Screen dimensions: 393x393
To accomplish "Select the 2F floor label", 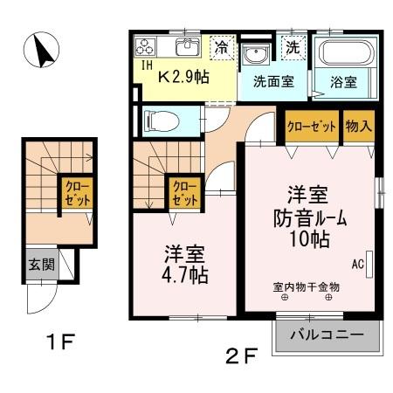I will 245,355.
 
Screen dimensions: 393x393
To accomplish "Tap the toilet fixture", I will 162,118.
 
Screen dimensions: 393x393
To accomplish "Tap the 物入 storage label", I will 359,126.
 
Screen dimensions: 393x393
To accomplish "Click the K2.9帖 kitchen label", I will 186,76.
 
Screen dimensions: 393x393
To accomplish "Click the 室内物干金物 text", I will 306,286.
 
